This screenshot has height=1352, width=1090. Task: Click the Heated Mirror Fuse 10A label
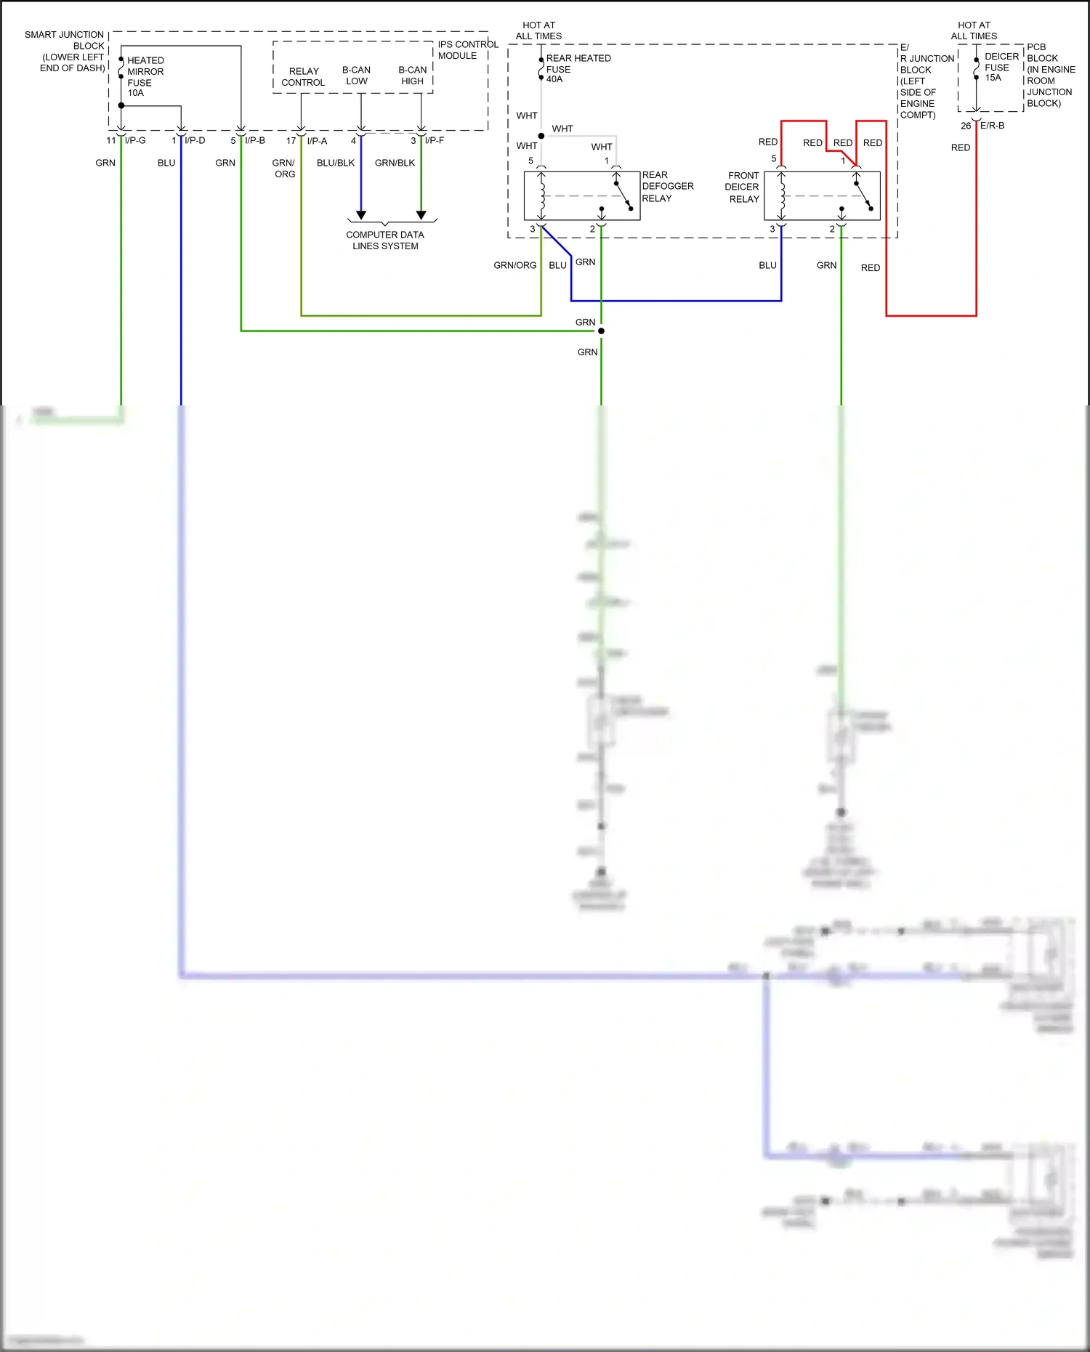click(145, 76)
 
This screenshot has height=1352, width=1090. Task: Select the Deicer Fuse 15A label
click(1001, 67)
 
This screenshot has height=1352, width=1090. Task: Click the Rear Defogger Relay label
click(666, 187)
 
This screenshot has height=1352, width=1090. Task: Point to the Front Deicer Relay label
click(743, 187)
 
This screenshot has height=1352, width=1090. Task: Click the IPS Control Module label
click(467, 50)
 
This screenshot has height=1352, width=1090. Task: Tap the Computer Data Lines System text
click(384, 240)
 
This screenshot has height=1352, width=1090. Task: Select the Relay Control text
click(303, 76)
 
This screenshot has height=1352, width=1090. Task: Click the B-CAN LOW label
click(356, 76)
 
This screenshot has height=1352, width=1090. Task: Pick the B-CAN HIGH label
click(412, 76)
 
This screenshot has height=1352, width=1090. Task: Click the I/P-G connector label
click(135, 140)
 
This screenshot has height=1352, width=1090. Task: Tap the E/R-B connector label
click(992, 126)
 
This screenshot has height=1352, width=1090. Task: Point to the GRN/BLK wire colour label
click(395, 163)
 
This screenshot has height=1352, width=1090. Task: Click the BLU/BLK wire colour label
click(335, 163)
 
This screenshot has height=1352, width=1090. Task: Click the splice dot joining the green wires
click(601, 331)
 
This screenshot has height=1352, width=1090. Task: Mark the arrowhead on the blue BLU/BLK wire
click(361, 215)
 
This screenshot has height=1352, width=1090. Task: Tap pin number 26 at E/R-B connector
click(966, 126)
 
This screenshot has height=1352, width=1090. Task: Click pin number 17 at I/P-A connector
click(291, 141)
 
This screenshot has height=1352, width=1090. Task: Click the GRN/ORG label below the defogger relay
click(514, 265)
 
